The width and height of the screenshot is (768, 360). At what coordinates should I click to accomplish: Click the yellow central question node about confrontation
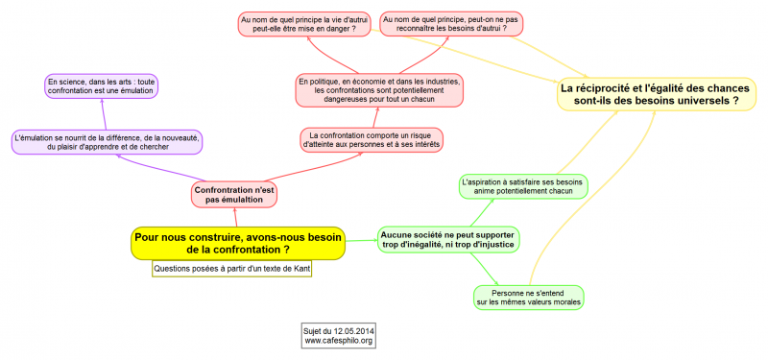pyautogui.click(x=237, y=243)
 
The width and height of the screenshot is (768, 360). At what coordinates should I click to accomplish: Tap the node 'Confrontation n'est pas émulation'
pyautogui.click(x=234, y=194)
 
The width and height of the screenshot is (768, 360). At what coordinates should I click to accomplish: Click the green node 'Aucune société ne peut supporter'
pyautogui.click(x=447, y=239)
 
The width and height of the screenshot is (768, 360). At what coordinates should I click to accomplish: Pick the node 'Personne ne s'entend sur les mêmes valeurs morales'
pyautogui.click(x=529, y=297)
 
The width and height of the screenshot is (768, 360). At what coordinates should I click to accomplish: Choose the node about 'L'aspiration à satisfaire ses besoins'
pyautogui.click(x=522, y=185)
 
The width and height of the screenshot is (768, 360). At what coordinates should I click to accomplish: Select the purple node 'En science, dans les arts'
pyautogui.click(x=101, y=85)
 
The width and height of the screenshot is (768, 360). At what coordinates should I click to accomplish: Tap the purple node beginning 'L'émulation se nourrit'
pyautogui.click(x=107, y=142)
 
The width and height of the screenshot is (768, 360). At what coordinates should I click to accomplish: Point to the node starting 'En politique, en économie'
pyautogui.click(x=380, y=89)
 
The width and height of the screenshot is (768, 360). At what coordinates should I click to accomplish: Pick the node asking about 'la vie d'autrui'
pyautogui.click(x=304, y=24)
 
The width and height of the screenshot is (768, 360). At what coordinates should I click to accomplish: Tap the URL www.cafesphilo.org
pyautogui.click(x=339, y=341)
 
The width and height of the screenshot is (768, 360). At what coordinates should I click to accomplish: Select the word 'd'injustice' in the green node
pyautogui.click(x=487, y=245)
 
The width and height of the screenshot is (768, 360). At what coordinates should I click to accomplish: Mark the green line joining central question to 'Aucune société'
pyautogui.click(x=360, y=240)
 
